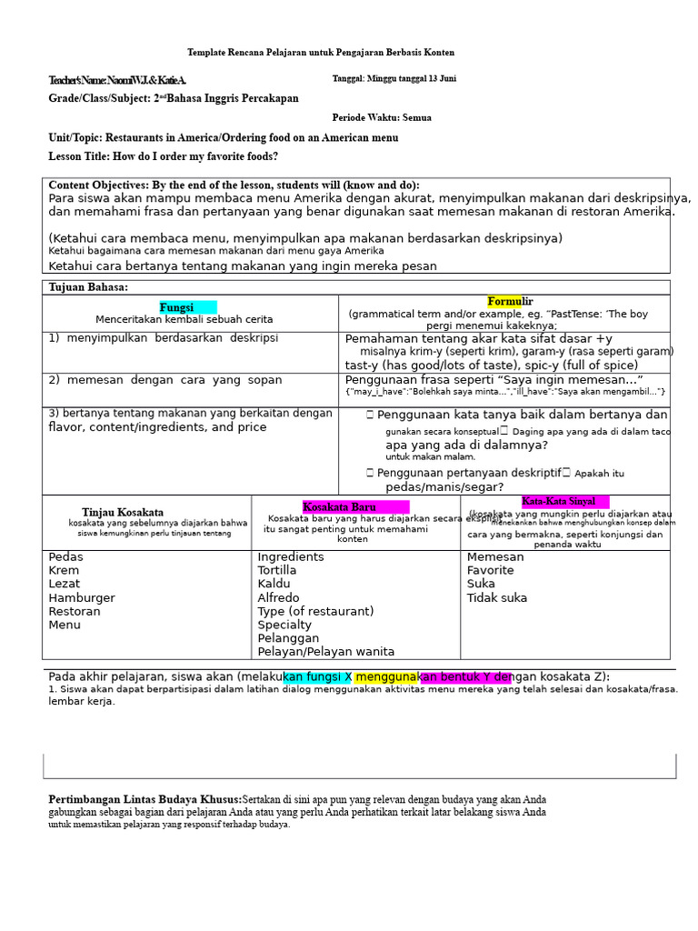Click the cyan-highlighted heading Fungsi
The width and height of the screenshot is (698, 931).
[x=177, y=307]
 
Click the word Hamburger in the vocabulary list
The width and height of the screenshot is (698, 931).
[x=82, y=597]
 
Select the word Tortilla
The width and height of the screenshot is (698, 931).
[x=277, y=570]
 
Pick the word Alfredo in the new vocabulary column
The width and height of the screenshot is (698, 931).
[x=278, y=597]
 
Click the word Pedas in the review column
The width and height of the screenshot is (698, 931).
[x=66, y=556]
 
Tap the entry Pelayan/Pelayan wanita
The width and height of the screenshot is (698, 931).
[x=326, y=651]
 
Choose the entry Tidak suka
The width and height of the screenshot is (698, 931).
[x=497, y=597]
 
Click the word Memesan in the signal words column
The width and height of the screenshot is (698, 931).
[x=495, y=556]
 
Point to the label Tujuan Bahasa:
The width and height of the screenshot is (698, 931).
[x=88, y=287]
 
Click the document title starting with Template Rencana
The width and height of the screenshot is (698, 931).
[x=321, y=53]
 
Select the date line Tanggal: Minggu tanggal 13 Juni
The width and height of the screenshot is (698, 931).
[x=394, y=79]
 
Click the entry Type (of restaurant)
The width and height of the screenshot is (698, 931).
[x=315, y=611]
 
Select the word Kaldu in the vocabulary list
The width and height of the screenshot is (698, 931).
[x=274, y=584]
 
